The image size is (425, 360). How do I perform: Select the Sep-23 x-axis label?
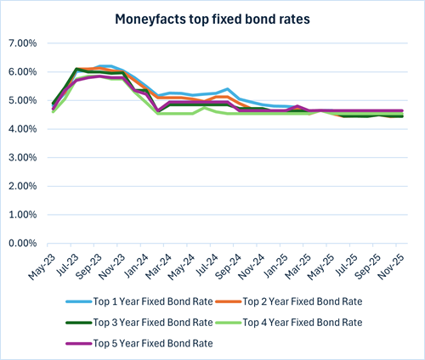pos(90,263)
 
